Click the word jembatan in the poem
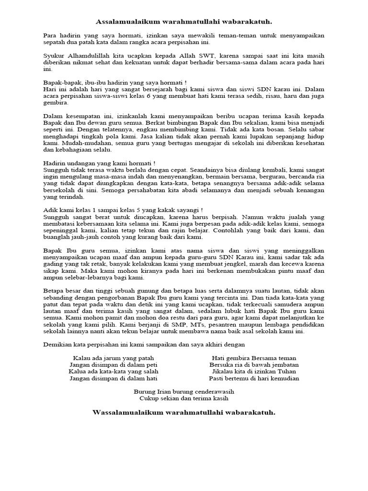tap(284, 364)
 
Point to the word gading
tap(54, 264)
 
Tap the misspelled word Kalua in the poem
tap(78, 371)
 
